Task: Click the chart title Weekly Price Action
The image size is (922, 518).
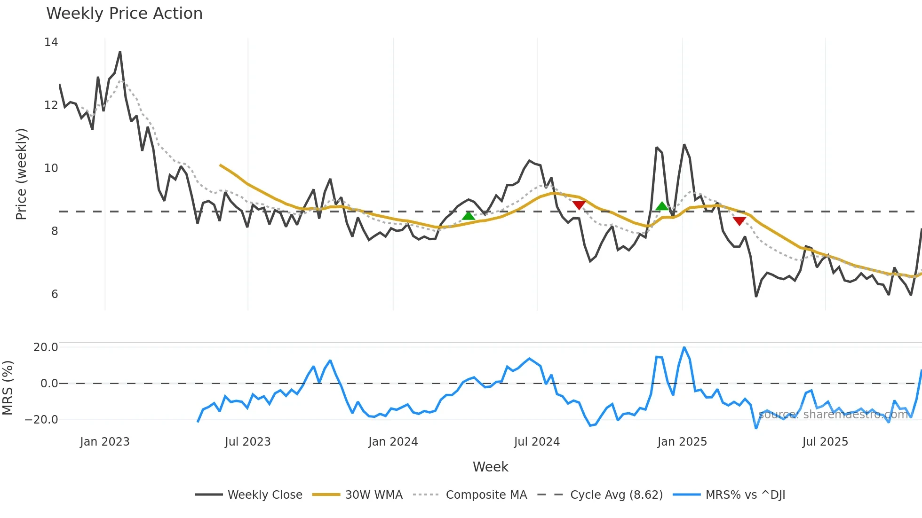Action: [124, 14]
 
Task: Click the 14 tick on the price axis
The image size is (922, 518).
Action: [51, 42]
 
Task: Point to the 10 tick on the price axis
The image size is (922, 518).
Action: [51, 168]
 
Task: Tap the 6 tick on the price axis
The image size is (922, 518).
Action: [55, 294]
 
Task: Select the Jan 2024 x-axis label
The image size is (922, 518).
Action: [393, 442]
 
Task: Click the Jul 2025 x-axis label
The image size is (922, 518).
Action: [825, 442]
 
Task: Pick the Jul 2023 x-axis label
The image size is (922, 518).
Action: [247, 442]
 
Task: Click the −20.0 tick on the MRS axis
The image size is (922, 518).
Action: [41, 420]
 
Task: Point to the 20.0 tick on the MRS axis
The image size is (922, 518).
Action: [46, 347]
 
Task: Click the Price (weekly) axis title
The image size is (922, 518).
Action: [21, 174]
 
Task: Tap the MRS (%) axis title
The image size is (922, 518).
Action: [8, 388]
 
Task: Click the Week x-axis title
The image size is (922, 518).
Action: [490, 467]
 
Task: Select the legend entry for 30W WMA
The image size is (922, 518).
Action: [374, 495]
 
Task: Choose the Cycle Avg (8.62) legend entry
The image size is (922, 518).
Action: [616, 495]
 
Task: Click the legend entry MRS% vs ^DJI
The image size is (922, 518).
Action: [745, 495]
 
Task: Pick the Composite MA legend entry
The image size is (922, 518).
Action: [486, 495]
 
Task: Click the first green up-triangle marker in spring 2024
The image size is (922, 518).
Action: [469, 216]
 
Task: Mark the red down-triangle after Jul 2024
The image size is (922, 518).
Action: [579, 205]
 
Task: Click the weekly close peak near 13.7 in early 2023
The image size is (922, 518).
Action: [120, 52]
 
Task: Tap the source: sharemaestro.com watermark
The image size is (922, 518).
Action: [833, 415]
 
